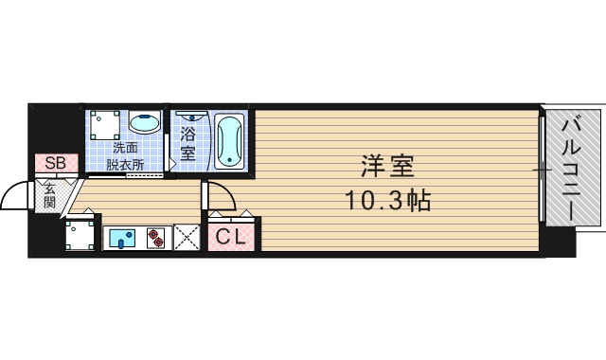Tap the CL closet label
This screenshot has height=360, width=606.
click(231, 237)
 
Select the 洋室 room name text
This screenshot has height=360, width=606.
click(386, 167)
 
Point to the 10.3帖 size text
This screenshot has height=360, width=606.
click(386, 201)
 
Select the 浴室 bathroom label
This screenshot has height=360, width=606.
click(188, 142)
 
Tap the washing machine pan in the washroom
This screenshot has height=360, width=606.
click(104, 125)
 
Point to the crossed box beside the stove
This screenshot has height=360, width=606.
click(186, 238)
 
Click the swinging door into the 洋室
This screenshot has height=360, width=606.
click(220, 196)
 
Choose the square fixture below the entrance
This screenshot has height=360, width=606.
click(80, 236)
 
